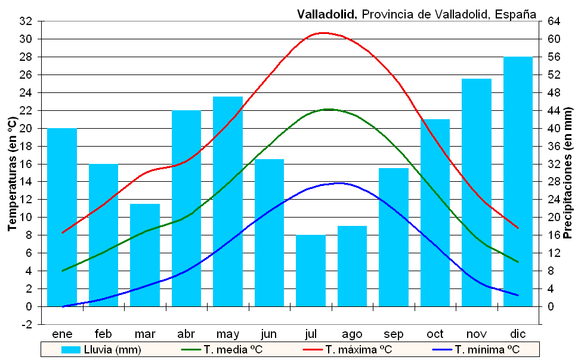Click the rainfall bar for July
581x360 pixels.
311,271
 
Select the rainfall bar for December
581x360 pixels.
518,182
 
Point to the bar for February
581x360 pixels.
104,235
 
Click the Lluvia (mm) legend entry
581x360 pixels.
101,349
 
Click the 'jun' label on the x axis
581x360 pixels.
269,334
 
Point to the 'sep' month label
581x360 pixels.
394,334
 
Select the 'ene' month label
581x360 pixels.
62,334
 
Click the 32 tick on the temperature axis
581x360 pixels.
26,21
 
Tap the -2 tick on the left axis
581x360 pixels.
27,324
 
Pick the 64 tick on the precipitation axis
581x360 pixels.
554,21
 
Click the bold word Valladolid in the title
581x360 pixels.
326,14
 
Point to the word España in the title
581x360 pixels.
514,14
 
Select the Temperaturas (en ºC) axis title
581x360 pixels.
11,173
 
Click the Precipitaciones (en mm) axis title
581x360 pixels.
568,173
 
